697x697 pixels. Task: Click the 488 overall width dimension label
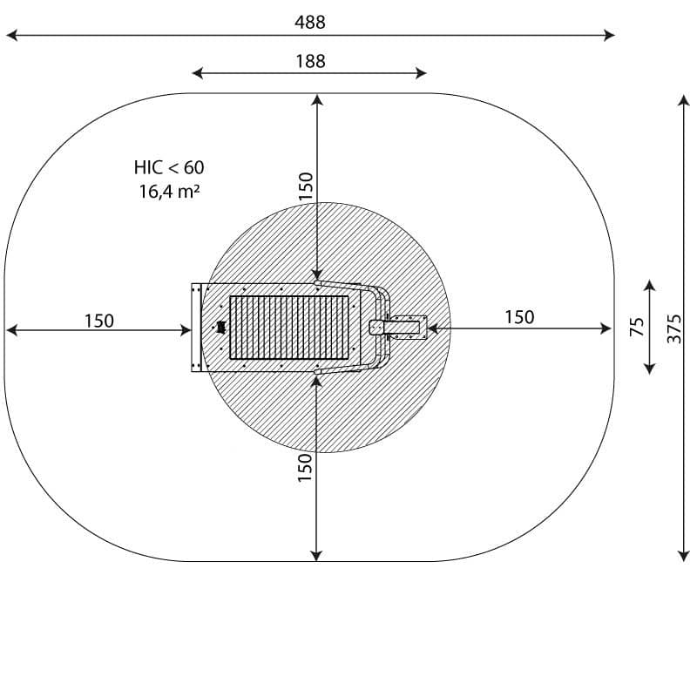coord(310,22)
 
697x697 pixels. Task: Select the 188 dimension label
coord(310,61)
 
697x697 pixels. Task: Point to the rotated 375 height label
coord(673,328)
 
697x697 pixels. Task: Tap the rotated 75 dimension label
coord(637,327)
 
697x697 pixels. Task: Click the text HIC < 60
coord(169,167)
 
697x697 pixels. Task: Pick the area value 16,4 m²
coord(169,191)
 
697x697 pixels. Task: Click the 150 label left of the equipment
coord(99,321)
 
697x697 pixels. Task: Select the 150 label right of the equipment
coord(519,317)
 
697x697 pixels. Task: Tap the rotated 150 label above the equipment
coord(306,186)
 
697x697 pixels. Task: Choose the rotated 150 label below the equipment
coord(305,467)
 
